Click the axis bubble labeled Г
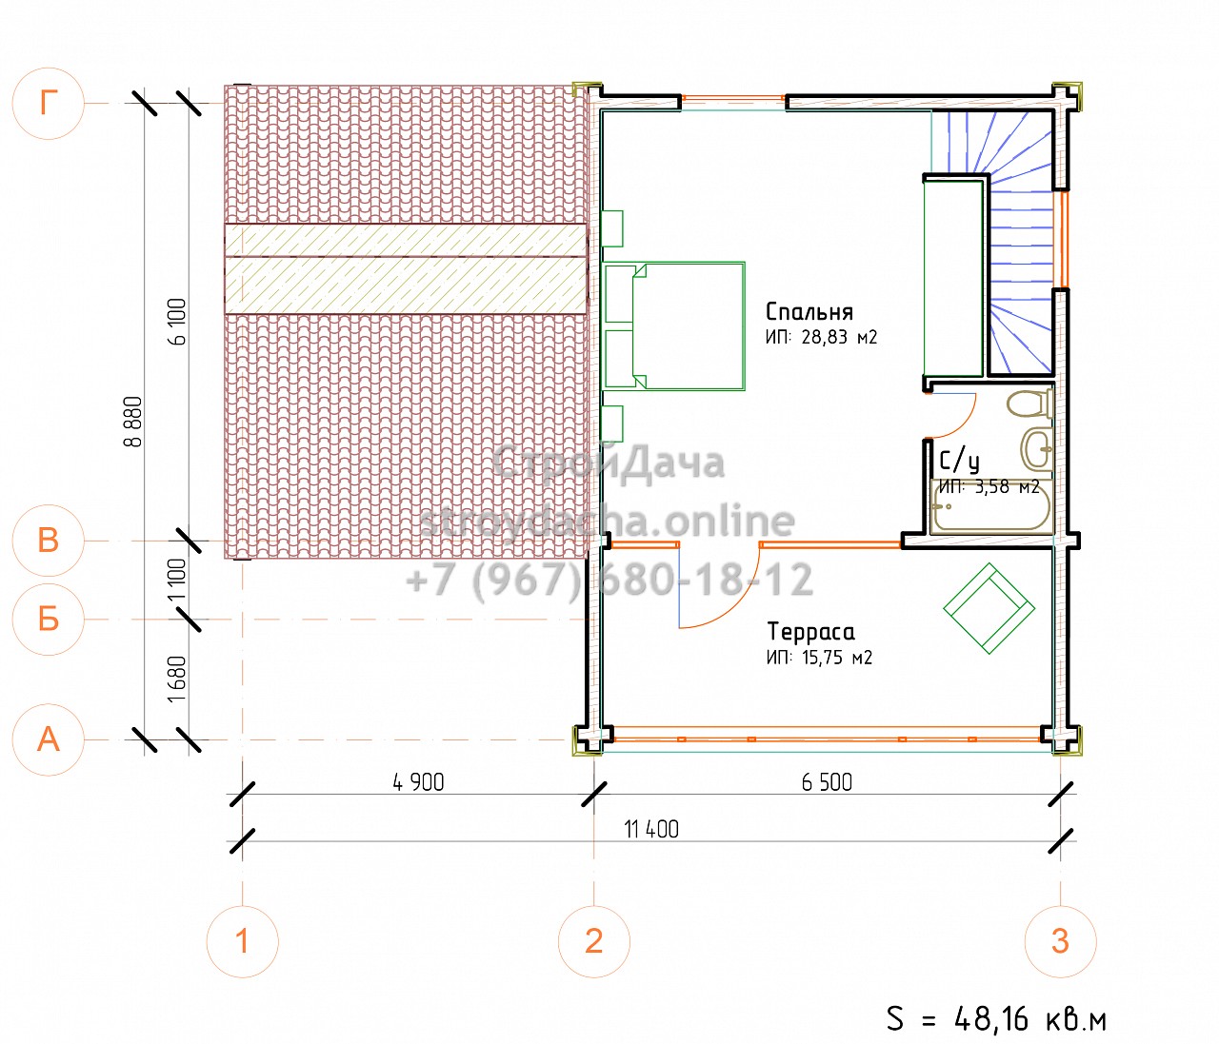(49, 104)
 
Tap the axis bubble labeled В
(49, 541)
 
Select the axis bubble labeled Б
(49, 620)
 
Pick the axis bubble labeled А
(49, 739)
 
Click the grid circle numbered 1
(243, 942)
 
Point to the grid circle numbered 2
(594, 942)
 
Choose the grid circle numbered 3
(1060, 942)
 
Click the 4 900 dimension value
(418, 782)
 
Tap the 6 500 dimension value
(827, 782)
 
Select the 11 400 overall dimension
(651, 830)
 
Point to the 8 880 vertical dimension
(134, 422)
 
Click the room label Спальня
(809, 311)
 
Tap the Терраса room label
(810, 631)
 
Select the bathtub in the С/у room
(990, 507)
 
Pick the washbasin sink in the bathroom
(1037, 449)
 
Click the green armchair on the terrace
(989, 608)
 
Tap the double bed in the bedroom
(674, 326)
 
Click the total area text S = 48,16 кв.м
(997, 1018)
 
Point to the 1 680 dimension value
(176, 680)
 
